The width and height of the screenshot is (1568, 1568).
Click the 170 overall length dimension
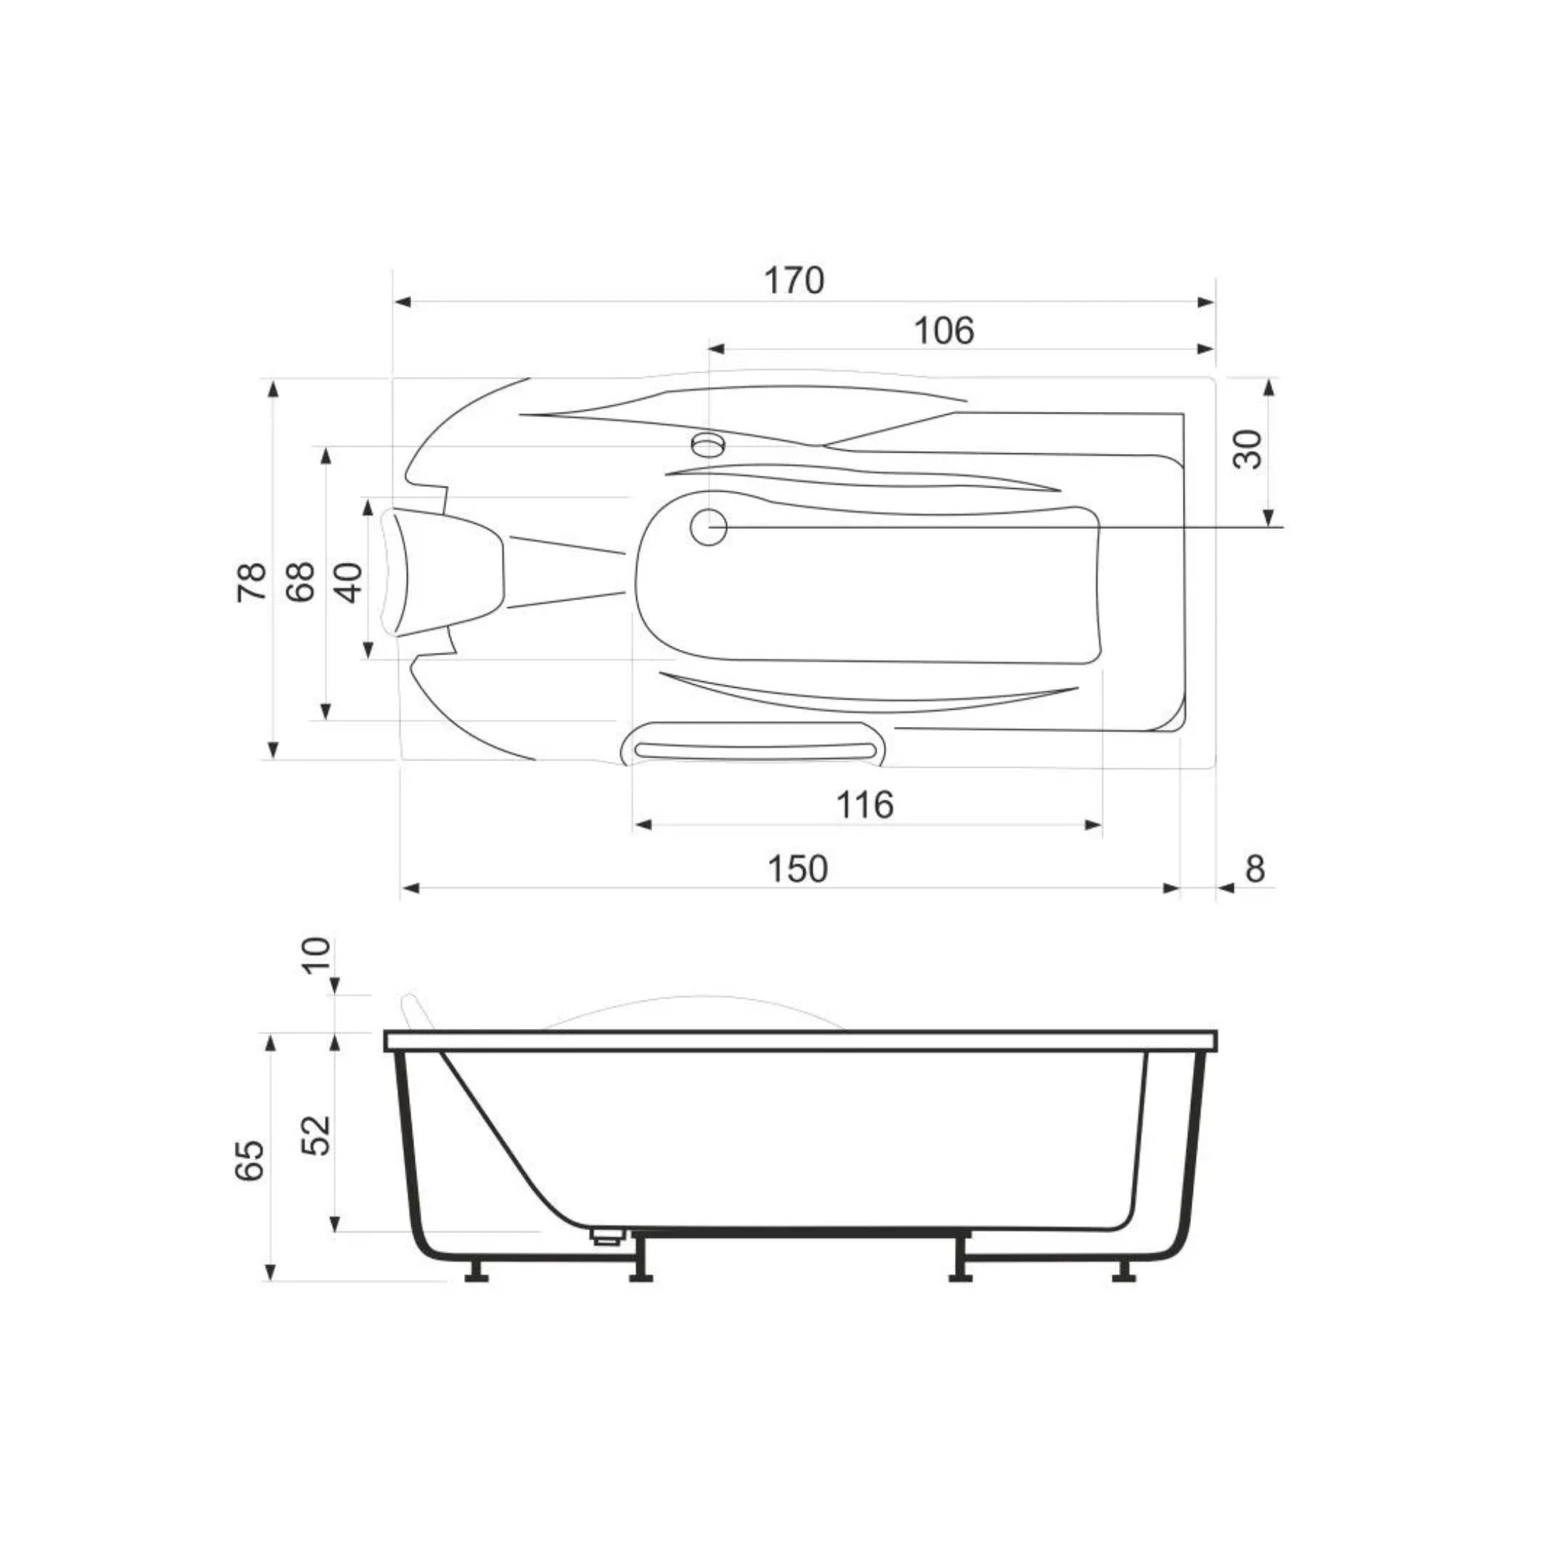(x=794, y=281)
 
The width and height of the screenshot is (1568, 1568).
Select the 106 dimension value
(x=943, y=330)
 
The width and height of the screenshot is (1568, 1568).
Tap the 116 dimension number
(x=865, y=804)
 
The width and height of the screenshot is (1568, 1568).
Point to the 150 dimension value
(x=797, y=868)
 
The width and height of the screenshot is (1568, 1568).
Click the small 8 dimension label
(x=1254, y=868)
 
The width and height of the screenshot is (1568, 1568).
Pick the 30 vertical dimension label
(x=1248, y=449)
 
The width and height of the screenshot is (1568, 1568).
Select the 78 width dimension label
(x=252, y=581)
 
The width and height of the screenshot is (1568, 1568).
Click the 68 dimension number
(x=300, y=581)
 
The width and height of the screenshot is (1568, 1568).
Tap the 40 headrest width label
(x=349, y=581)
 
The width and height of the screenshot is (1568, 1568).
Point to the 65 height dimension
(x=250, y=1160)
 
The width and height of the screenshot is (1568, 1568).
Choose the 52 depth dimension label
(x=316, y=1135)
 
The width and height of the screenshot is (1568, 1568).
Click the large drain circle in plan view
(x=708, y=527)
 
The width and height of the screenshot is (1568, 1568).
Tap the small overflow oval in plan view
(x=708, y=444)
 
